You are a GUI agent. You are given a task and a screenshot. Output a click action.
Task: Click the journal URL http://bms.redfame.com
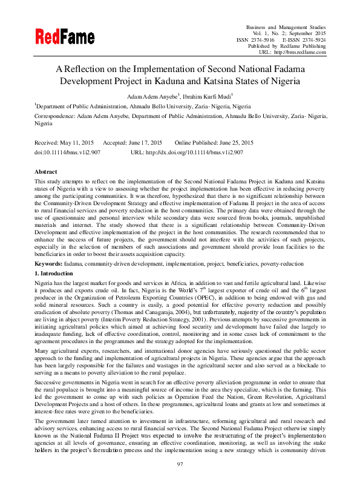click(x=301, y=52)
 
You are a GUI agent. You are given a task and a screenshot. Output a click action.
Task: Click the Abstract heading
click(x=46, y=172)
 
